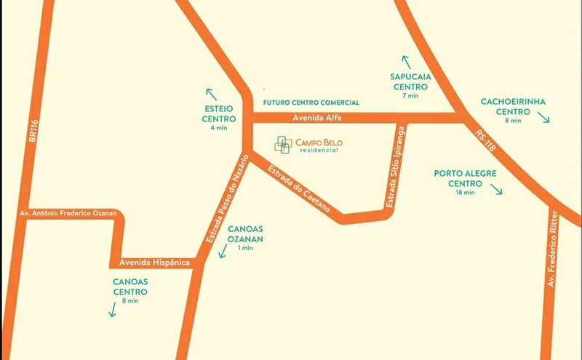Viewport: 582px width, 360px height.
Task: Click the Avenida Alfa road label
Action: [316, 117]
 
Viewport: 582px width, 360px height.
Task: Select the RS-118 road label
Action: [485, 140]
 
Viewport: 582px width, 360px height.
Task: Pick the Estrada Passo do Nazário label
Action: [227, 202]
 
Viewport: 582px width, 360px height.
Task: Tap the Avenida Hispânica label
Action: [150, 262]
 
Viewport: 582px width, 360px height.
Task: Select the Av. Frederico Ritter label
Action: [554, 247]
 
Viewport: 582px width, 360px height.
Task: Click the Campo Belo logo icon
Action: [283, 145]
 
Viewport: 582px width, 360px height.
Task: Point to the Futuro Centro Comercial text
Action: [311, 103]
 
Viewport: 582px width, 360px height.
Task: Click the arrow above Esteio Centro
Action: [211, 94]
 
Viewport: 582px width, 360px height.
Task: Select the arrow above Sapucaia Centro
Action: [405, 62]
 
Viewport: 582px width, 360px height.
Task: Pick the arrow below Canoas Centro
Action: [113, 311]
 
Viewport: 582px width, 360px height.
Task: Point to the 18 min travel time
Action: [465, 193]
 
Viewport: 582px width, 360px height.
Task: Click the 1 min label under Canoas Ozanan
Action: [245, 248]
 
